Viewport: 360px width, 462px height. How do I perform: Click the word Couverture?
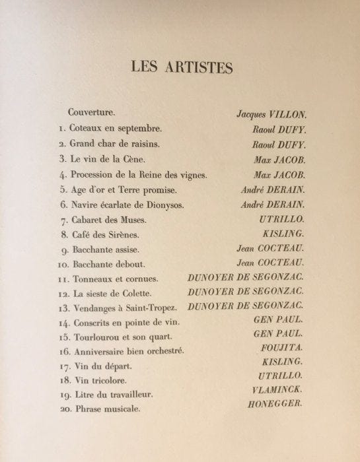[x=94, y=113]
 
